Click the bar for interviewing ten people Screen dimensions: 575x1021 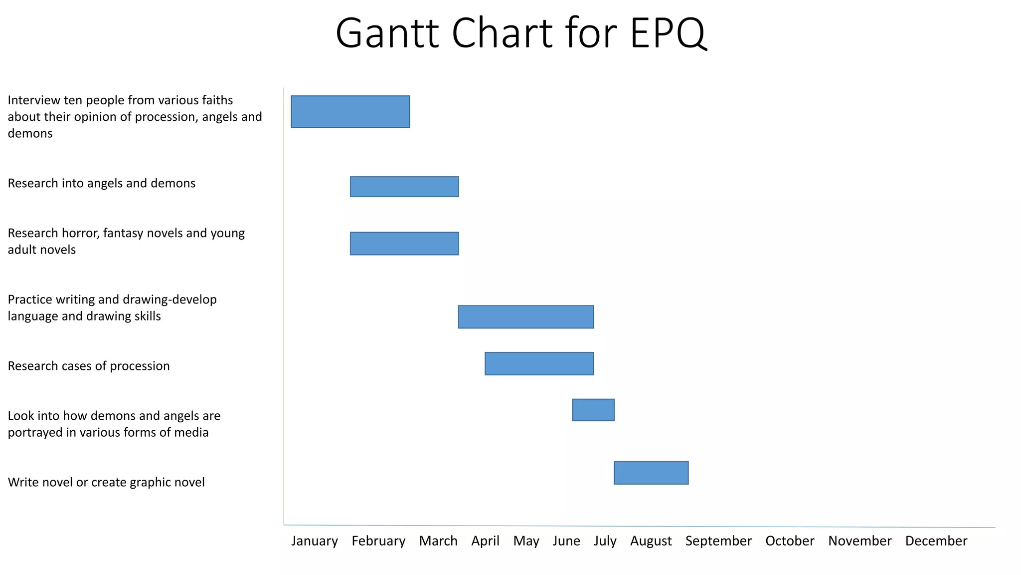point(350,112)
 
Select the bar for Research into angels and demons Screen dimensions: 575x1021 point(404,187)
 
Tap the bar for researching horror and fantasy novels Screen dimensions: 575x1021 point(404,244)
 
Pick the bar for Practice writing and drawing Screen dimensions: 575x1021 point(525,317)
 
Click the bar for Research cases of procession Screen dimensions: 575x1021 point(539,363)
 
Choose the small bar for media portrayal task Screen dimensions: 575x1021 point(593,410)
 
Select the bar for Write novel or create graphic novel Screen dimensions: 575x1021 point(651,473)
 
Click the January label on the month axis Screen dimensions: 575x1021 point(315,541)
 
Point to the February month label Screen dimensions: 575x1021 point(378,541)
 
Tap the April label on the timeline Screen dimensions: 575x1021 point(485,541)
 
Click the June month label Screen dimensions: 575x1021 point(566,541)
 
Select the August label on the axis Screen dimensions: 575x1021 point(651,541)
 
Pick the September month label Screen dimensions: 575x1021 point(718,541)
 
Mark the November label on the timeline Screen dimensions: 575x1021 point(859,541)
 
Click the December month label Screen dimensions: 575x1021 point(936,541)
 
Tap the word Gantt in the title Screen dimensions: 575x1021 point(387,34)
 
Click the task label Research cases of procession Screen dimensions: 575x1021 point(89,366)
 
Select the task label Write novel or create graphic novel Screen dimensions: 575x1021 point(106,482)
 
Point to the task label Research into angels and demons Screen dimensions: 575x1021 point(102,183)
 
